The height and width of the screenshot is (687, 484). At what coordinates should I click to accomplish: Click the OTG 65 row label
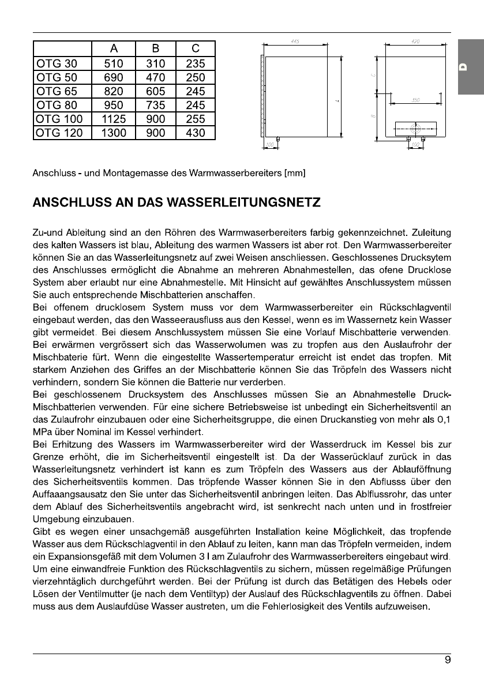coord(55,91)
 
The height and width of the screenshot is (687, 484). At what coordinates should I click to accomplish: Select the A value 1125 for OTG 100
coord(114,119)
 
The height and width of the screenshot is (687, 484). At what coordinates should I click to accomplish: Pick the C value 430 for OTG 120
coord(195,133)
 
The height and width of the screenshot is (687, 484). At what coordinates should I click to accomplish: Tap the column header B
coord(155,49)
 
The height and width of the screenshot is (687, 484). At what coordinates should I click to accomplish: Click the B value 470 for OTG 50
coord(155,77)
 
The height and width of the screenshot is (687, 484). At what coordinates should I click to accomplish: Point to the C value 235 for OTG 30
coord(195,63)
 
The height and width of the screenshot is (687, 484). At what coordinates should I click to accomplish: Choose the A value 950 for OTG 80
coord(114,106)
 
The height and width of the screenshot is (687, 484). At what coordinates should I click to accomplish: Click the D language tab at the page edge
coord(463,67)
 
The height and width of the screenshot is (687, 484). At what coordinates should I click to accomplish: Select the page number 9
coord(448,662)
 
